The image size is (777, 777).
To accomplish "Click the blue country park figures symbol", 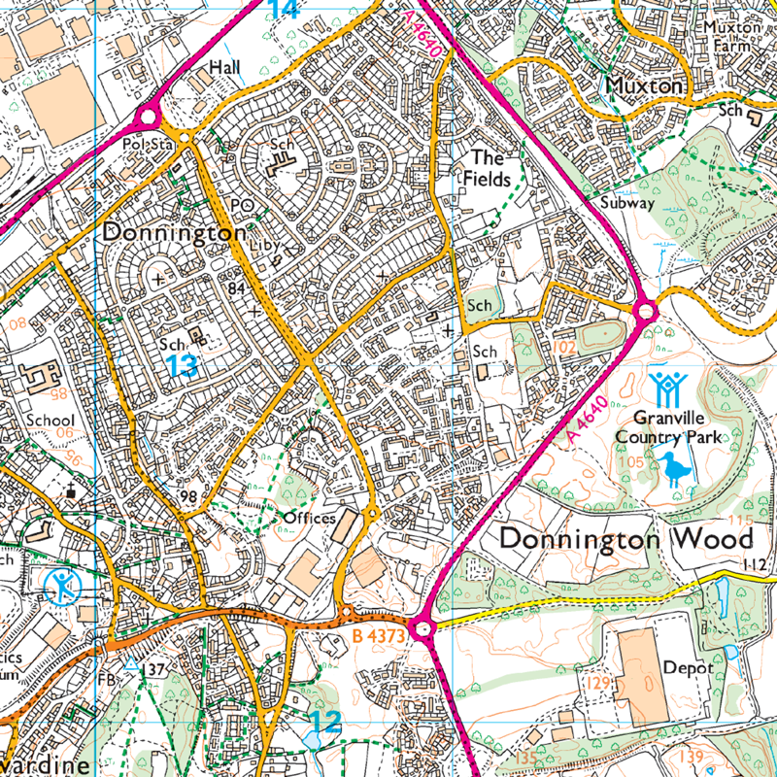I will click(667, 388).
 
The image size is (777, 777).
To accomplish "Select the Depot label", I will click(689, 668).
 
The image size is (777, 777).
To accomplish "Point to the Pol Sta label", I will click(148, 144).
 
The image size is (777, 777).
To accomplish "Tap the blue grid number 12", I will click(327, 721).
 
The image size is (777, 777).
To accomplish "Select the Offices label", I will click(309, 519).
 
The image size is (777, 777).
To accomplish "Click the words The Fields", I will click(487, 167).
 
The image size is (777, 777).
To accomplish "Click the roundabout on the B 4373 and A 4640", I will click(422, 628).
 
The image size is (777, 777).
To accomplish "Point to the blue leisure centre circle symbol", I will click(63, 585).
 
